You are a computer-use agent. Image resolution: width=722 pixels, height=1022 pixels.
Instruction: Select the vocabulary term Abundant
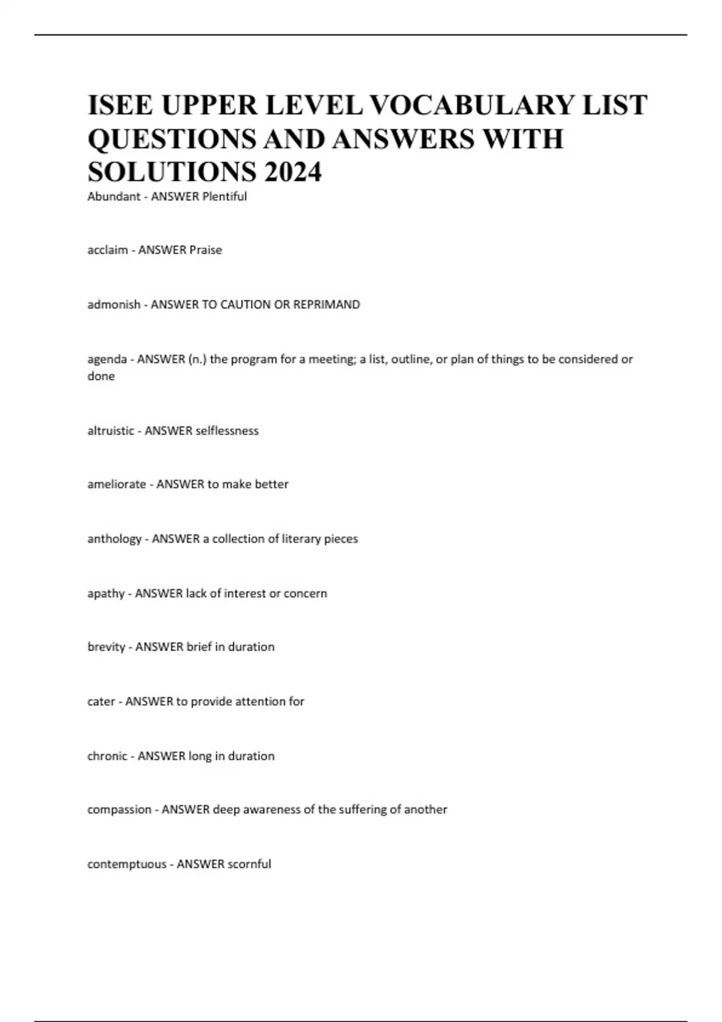coord(114,197)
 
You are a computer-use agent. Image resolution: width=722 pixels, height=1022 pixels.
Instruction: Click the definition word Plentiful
coord(224,197)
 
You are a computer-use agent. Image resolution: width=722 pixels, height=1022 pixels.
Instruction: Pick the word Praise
coord(206,250)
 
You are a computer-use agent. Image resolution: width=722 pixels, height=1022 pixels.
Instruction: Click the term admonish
coord(114,305)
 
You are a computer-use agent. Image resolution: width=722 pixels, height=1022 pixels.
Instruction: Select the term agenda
coord(107,360)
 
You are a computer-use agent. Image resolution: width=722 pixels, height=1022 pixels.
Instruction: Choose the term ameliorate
coord(117,485)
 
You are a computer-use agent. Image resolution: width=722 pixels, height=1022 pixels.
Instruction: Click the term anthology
coord(114,539)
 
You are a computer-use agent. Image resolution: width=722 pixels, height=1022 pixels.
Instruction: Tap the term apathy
coord(106,594)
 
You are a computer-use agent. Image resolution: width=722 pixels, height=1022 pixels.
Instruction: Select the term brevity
coord(106,647)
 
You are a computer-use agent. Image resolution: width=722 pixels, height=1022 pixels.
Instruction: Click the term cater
coord(101,702)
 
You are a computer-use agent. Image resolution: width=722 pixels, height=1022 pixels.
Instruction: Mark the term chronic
coord(107,756)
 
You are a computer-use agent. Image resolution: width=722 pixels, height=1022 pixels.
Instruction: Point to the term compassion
coord(119,810)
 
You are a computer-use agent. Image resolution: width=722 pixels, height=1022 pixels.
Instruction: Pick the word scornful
coord(249,864)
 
